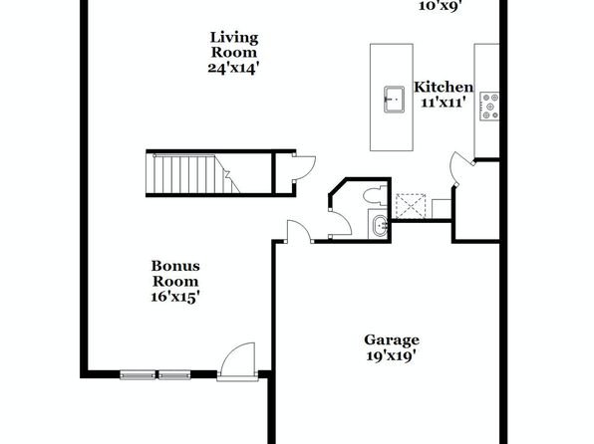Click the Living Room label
click(x=234, y=45)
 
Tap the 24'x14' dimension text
click(x=233, y=68)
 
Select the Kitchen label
click(x=444, y=87)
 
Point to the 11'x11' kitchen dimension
click(x=443, y=103)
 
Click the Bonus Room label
click(x=175, y=274)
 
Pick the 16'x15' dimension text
click(x=175, y=297)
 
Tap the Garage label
click(x=392, y=340)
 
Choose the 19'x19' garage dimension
click(x=392, y=355)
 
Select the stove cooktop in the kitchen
click(x=489, y=106)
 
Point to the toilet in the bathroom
click(x=375, y=196)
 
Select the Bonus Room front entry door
click(x=237, y=361)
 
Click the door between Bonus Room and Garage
click(x=299, y=231)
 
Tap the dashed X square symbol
click(x=411, y=206)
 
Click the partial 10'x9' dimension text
click(x=440, y=5)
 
